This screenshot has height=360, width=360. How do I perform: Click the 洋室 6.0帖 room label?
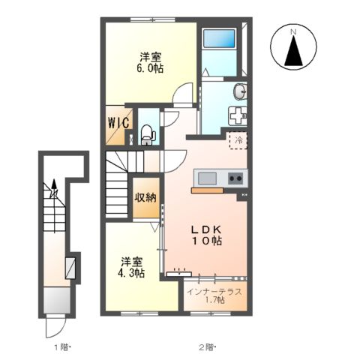[x=150, y=62]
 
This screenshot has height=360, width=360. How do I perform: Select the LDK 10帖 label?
[x=207, y=235]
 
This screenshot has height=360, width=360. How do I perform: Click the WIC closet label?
[x=118, y=123]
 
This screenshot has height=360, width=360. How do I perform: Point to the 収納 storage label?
[x=145, y=198]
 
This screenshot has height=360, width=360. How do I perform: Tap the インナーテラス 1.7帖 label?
[x=214, y=295]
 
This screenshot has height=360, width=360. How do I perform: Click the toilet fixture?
[x=148, y=134]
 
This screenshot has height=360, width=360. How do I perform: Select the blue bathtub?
[x=219, y=38]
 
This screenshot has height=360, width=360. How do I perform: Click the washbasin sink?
[x=240, y=91]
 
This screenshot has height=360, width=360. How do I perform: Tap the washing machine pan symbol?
[x=238, y=115]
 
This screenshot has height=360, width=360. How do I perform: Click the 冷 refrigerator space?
[x=238, y=140]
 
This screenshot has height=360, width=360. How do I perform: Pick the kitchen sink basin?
[x=207, y=178]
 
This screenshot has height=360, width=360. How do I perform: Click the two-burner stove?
[x=235, y=178]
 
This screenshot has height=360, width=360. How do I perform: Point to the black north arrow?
[x=293, y=51]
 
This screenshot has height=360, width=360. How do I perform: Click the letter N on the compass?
[x=293, y=32]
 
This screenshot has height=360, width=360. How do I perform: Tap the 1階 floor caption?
[x=61, y=347]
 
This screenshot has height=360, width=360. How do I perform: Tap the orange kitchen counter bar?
[x=208, y=190]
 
